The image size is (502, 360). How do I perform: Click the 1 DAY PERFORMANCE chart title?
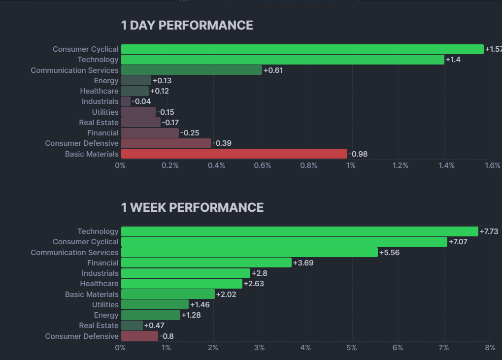tap(187, 26)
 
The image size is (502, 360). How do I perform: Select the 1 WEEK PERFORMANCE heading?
tap(192, 208)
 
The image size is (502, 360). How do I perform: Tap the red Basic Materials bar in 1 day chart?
tap(234, 154)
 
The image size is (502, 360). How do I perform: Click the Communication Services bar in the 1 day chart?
tap(191, 70)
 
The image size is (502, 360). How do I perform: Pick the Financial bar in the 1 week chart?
tap(206, 263)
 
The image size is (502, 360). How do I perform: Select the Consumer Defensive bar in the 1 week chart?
tap(139, 336)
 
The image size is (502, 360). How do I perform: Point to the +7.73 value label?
tap(490, 231)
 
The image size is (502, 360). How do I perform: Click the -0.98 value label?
tap(358, 154)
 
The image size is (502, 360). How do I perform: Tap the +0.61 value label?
tap(273, 70)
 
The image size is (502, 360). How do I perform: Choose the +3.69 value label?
tap(303, 263)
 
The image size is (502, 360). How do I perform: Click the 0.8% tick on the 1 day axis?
tap(309, 165)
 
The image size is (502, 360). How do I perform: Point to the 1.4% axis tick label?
tap(446, 165)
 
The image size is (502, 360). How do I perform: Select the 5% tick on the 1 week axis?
tap(352, 348)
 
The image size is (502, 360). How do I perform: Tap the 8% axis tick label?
tap(490, 348)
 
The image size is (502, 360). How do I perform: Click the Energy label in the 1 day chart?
tap(106, 81)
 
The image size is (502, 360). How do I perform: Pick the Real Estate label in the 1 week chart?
tap(99, 326)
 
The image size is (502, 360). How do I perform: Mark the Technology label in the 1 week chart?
tap(98, 231)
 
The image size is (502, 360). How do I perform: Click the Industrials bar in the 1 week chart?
tap(185, 273)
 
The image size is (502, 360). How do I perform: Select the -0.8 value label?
tap(167, 336)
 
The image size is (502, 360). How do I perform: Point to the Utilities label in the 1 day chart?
tap(105, 112)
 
